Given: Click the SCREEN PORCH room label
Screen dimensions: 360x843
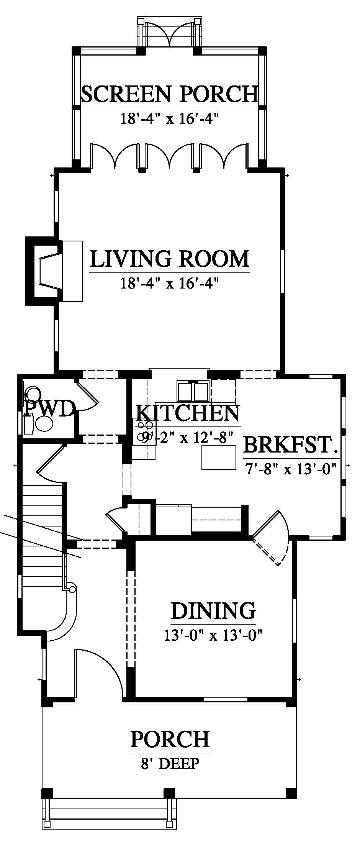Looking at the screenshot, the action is pyautogui.click(x=170, y=94).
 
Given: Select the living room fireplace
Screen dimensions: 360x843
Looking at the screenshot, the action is pyautogui.click(x=54, y=271).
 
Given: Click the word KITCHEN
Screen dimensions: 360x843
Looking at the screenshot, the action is pyautogui.click(x=188, y=413).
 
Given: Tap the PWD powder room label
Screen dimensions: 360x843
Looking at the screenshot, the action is pyautogui.click(x=49, y=409).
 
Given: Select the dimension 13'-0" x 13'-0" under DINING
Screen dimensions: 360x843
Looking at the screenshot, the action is pyautogui.click(x=213, y=636).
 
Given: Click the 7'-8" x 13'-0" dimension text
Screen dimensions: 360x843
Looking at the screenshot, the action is pyautogui.click(x=291, y=468).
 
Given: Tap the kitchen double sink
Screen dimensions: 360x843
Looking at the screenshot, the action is pyautogui.click(x=193, y=390).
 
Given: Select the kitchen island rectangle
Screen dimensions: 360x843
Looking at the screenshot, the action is pyautogui.click(x=219, y=458).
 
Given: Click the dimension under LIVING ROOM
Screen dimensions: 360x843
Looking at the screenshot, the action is pyautogui.click(x=170, y=284).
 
